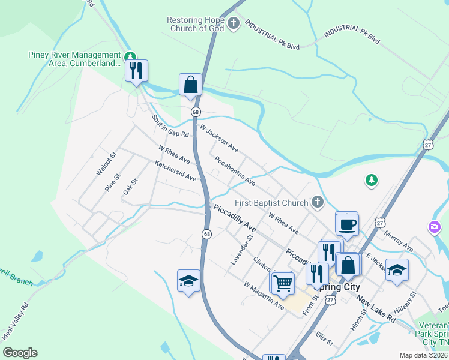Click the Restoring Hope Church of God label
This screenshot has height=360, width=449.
[195, 25]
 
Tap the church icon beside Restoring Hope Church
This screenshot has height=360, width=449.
[234, 25]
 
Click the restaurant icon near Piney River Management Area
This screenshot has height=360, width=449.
[137, 71]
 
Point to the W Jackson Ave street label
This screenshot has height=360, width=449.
[219, 139]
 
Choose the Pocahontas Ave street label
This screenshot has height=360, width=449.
[235, 171]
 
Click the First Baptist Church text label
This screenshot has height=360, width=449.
[271, 202]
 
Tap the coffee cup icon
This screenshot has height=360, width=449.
[347, 224]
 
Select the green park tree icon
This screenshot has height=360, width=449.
[372, 179]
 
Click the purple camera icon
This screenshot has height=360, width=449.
[433, 227]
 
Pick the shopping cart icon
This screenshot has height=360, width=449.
[282, 283]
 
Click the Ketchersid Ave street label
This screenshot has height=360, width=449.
[175, 170]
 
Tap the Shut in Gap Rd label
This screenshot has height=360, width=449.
[170, 125]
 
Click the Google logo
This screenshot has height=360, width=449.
[20, 352]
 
